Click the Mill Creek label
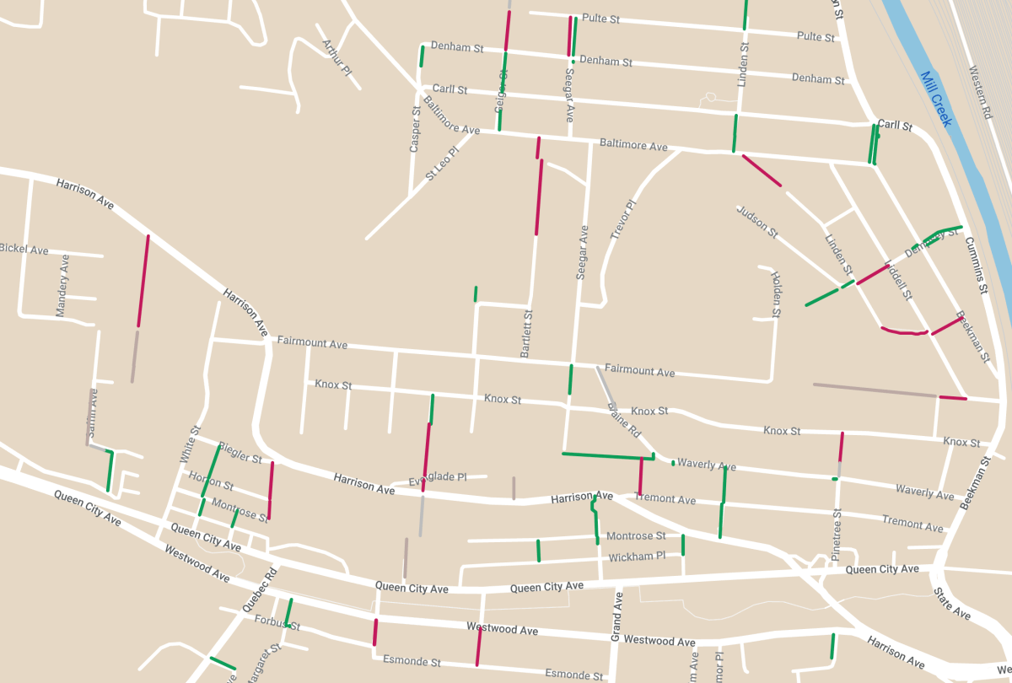click(x=936, y=99)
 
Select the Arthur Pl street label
click(x=336, y=57)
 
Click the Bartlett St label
click(x=527, y=334)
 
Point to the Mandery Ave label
click(x=62, y=286)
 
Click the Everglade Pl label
click(x=438, y=477)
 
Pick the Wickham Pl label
click(x=637, y=557)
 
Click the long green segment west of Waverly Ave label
click(x=602, y=456)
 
